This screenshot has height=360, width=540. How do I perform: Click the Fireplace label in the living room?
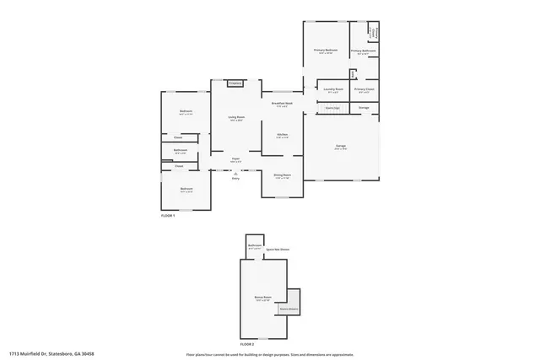[x=235, y=83]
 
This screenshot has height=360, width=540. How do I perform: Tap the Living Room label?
[x=235, y=117]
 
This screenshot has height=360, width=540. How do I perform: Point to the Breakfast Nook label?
[x=283, y=103]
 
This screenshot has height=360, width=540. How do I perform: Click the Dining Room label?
[x=283, y=175]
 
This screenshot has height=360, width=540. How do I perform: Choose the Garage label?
[x=341, y=146]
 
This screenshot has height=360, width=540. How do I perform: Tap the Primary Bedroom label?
[x=326, y=51]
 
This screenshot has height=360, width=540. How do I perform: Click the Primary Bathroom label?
[x=364, y=51]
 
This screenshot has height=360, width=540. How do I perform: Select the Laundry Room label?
[x=333, y=89]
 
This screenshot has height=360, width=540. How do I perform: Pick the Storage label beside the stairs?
[x=364, y=108]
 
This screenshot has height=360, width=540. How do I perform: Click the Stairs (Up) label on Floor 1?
[x=332, y=108]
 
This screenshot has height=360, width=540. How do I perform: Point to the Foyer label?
[x=235, y=159]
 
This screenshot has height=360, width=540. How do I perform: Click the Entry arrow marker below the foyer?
[x=235, y=173]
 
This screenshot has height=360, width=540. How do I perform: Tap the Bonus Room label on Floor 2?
[x=262, y=298]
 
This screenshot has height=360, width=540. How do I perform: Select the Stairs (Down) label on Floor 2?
[x=289, y=309]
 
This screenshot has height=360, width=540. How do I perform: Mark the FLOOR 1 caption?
[x=168, y=217]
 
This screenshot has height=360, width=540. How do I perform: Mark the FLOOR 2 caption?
[x=246, y=345]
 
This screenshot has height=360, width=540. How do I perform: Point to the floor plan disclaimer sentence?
[x=269, y=354]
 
